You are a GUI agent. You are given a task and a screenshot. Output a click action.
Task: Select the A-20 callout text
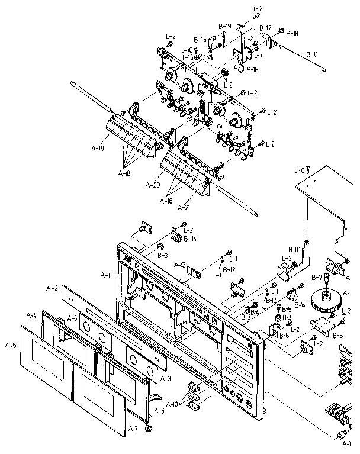(x=153, y=185)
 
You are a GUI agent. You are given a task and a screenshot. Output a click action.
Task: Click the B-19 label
(x=224, y=26)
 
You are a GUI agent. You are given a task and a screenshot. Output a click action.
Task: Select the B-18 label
(x=292, y=34)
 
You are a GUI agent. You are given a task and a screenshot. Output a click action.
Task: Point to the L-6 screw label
(x=299, y=170)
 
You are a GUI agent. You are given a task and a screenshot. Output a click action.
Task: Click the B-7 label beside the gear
(x=317, y=277)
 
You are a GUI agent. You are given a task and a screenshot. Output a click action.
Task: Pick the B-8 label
(x=284, y=334)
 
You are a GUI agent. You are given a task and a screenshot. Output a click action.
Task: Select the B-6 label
(x=337, y=335)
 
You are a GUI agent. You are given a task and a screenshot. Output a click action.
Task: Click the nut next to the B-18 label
(x=282, y=31)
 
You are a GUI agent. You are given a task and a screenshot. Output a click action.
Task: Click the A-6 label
(x=159, y=411)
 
